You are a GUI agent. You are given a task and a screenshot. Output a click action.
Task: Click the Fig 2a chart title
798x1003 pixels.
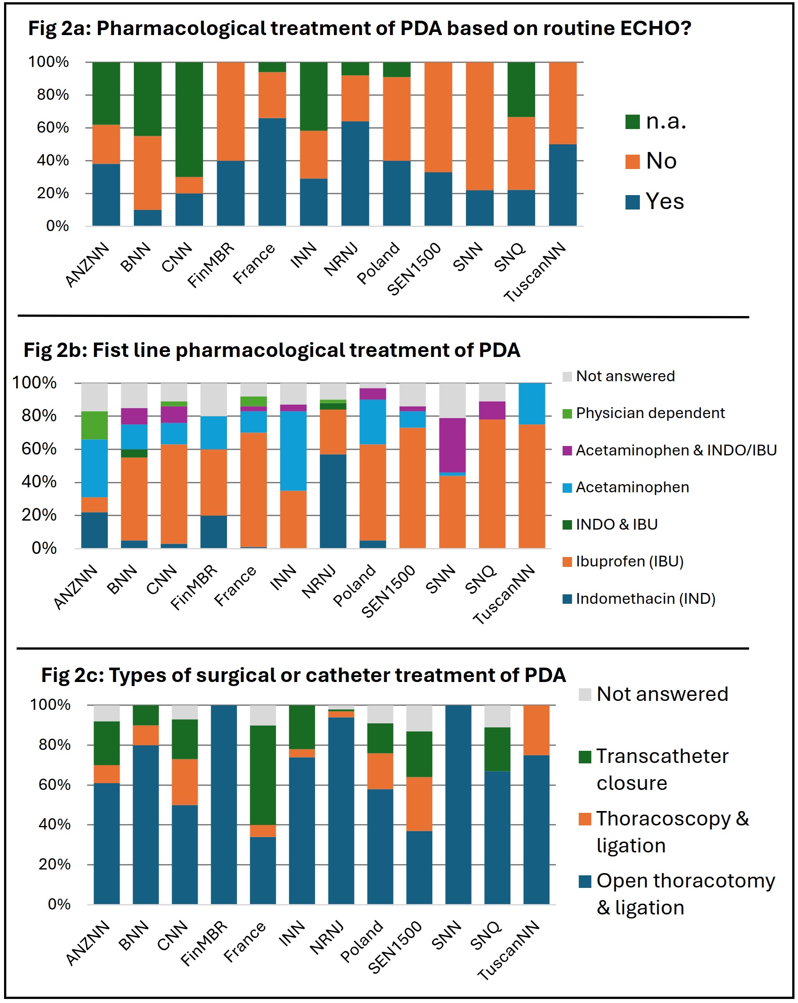click(359, 29)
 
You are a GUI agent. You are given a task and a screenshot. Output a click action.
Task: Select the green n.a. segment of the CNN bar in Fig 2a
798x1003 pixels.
click(189, 119)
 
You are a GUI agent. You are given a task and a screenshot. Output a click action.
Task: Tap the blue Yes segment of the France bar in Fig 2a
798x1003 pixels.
click(272, 172)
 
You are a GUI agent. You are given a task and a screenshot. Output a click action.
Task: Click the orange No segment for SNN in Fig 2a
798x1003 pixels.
click(479, 126)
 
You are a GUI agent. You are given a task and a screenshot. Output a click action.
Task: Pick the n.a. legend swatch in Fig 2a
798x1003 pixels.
click(632, 122)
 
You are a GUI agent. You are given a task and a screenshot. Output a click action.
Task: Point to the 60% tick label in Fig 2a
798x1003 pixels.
click(53, 128)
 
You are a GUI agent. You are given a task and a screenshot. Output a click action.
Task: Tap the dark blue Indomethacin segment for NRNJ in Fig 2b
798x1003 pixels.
click(333, 500)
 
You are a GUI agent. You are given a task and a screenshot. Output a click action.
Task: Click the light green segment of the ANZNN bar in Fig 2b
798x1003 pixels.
click(94, 425)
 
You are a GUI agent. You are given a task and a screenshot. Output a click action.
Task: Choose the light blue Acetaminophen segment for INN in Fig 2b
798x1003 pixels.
click(293, 451)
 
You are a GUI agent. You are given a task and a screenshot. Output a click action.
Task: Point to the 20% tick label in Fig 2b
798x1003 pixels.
click(39, 515)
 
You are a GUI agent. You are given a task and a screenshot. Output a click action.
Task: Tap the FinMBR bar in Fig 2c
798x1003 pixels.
click(224, 804)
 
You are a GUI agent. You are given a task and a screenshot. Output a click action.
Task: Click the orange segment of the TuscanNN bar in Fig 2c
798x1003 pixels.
click(536, 730)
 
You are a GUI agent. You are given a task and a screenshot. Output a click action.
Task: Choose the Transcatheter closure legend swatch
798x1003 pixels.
click(585, 757)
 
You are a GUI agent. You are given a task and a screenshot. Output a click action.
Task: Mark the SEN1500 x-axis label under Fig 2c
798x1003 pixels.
click(395, 947)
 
